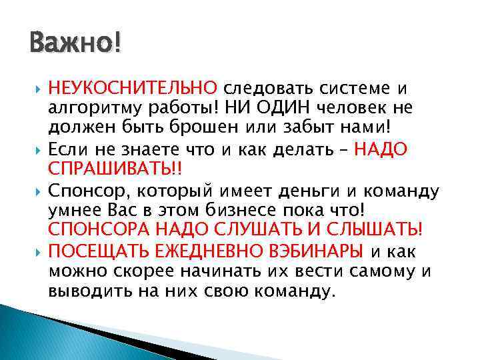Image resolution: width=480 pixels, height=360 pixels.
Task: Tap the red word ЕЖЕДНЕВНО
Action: (196, 251)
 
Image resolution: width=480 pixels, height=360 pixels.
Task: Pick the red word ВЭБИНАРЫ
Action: (315, 251)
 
